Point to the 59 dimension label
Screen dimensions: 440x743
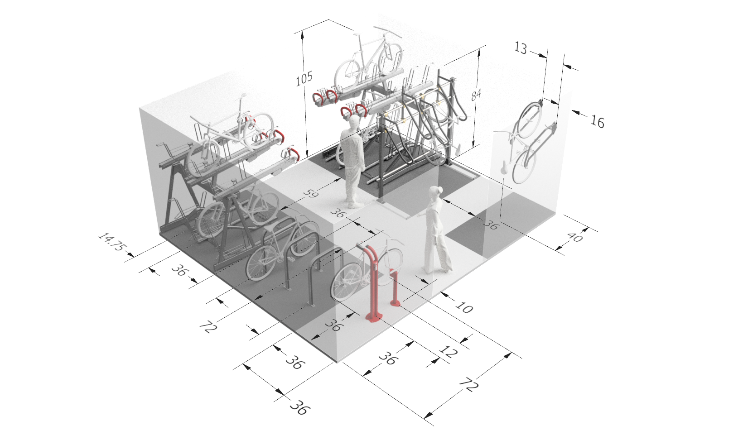pyautogui.click(x=311, y=194)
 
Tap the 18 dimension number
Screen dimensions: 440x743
pyautogui.click(x=522, y=48)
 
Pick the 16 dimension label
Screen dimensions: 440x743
pyautogui.click(x=598, y=121)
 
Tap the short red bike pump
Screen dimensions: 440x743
pyautogui.click(x=394, y=290)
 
